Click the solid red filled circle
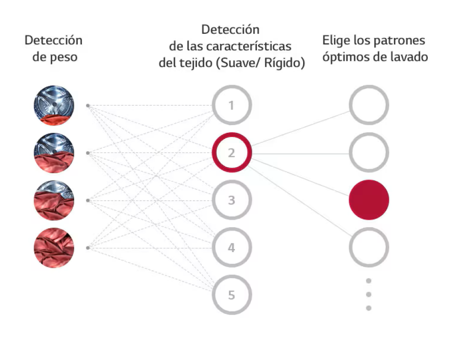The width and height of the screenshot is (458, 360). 369,200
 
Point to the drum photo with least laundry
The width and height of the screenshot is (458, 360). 54,105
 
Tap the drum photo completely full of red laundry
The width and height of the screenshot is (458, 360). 54,248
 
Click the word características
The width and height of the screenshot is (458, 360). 251,46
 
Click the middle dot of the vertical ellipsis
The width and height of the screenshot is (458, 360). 369,294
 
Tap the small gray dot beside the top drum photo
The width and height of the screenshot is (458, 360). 87,105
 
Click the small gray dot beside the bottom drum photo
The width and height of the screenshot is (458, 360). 87,248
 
